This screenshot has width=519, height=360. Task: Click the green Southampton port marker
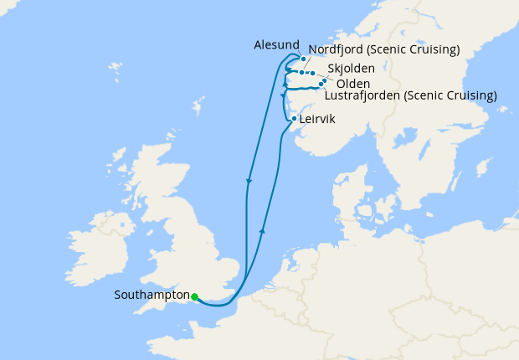tap(194, 296)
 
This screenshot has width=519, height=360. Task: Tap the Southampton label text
tap(152, 296)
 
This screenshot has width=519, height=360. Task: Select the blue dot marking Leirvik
tap(293, 119)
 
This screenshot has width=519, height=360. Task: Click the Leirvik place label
tap(318, 120)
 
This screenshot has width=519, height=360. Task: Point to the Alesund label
tap(275, 44)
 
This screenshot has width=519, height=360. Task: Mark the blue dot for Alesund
tap(303, 59)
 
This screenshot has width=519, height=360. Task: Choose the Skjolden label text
tap(351, 67)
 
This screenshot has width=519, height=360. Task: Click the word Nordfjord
tap(337, 50)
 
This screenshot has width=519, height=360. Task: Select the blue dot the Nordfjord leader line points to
tap(301, 73)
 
